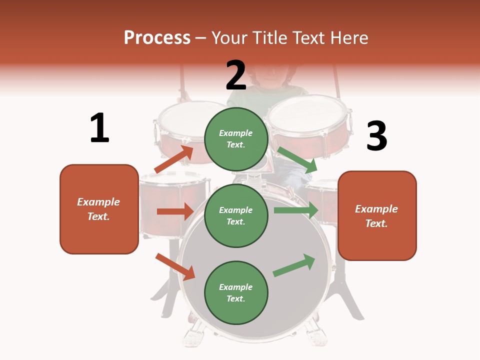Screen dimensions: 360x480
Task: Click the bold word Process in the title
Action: (x=157, y=37)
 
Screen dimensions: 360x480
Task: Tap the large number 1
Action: (x=99, y=128)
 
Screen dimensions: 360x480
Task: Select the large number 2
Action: (x=236, y=75)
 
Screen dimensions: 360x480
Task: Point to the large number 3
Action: (x=376, y=136)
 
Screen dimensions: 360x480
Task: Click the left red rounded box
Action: (x=99, y=209)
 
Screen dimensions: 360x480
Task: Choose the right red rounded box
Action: (x=377, y=215)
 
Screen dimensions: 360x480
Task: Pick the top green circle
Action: (x=236, y=139)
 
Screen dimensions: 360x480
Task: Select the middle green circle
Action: (x=236, y=215)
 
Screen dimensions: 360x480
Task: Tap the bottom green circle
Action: (x=236, y=292)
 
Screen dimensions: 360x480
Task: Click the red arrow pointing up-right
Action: (x=174, y=159)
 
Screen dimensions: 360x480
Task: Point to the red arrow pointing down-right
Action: (x=175, y=266)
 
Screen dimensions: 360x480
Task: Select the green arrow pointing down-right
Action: (x=297, y=159)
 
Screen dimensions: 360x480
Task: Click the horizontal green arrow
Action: (x=296, y=210)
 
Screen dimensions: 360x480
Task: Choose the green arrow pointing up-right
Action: (x=294, y=265)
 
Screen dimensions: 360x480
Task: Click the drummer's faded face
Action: (x=270, y=75)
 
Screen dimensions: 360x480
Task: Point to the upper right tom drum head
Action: (x=308, y=113)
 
